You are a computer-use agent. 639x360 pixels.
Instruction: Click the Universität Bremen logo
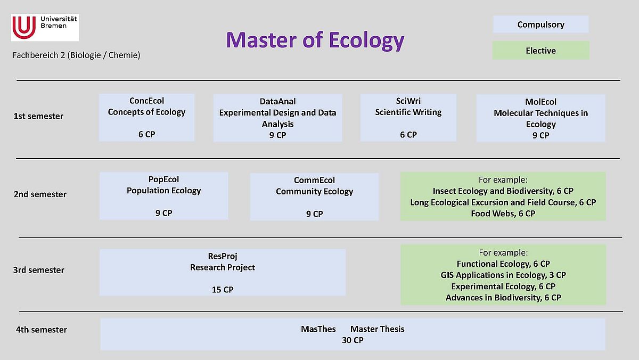(45, 28)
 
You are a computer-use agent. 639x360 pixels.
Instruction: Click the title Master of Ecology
(315, 40)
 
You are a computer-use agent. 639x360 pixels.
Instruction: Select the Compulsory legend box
(541, 24)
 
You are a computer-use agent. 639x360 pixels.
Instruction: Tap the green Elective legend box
(541, 51)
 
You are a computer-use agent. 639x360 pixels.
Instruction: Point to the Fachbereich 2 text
(77, 55)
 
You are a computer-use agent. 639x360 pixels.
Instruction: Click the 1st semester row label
(38, 116)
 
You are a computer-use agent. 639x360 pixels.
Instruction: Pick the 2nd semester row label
(40, 194)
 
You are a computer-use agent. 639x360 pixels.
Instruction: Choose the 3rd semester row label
(39, 270)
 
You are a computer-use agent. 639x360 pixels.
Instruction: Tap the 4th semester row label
(42, 330)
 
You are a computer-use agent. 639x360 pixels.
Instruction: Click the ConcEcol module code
(146, 101)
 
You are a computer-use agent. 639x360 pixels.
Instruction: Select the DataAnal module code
(277, 101)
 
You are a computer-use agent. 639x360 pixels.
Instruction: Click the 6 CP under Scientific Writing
(408, 135)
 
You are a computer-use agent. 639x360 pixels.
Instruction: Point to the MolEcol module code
(540, 102)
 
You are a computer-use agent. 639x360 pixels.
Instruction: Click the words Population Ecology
(164, 191)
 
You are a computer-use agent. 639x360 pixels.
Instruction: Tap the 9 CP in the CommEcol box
(314, 214)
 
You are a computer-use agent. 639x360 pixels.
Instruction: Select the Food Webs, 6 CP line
(503, 214)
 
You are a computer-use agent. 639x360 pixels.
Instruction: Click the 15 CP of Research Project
(223, 290)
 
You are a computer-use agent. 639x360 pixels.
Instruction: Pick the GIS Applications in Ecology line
(503, 275)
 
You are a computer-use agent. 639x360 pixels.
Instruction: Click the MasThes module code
(318, 329)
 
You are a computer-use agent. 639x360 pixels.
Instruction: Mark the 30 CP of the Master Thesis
(353, 340)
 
